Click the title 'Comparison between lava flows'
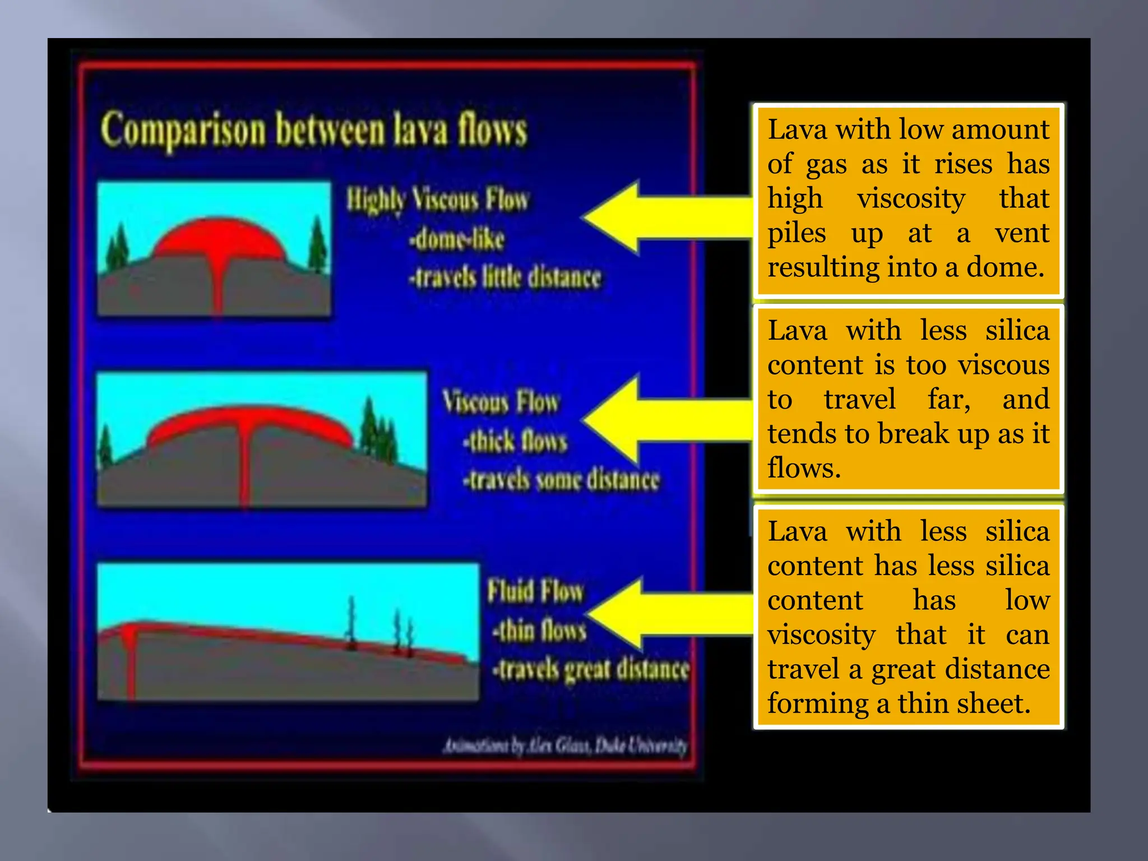[x=314, y=130]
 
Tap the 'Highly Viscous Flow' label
[x=437, y=200]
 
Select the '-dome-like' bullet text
[x=456, y=239]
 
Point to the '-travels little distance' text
[x=504, y=277]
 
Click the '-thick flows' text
[x=515, y=441]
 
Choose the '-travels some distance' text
[x=561, y=480]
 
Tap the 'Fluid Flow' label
[x=535, y=591]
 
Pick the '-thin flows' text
[x=539, y=631]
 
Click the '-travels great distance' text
[x=590, y=669]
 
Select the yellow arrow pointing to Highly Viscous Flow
[x=661, y=217]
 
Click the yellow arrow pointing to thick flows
[x=661, y=419]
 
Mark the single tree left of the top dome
[x=118, y=247]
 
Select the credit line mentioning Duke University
[x=565, y=746]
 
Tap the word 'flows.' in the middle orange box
[x=804, y=468]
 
